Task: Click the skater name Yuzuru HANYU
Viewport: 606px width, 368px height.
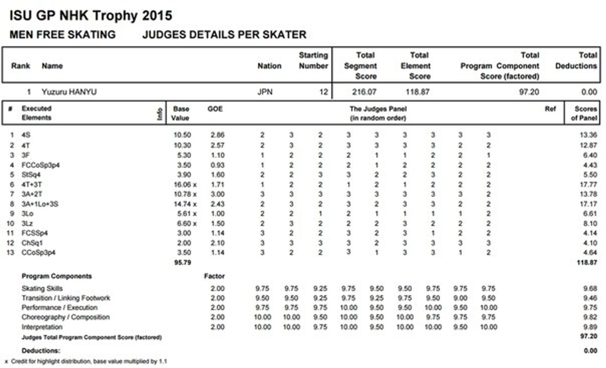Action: (x=69, y=92)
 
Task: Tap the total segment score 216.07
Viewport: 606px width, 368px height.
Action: (x=364, y=92)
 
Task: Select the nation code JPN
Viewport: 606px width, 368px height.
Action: (x=265, y=92)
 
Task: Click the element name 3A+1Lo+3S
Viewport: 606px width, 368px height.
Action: (x=40, y=204)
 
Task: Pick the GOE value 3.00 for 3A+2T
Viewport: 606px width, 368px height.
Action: (x=217, y=194)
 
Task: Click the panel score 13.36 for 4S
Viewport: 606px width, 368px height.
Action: (x=588, y=135)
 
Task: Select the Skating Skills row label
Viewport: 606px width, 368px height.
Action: (x=42, y=288)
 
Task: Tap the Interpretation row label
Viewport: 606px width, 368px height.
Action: (x=42, y=327)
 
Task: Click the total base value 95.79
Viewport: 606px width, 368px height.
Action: (x=183, y=262)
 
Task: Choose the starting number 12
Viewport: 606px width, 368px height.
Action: (x=323, y=92)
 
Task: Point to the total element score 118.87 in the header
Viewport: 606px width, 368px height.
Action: (x=417, y=92)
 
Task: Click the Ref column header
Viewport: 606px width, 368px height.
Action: (x=550, y=109)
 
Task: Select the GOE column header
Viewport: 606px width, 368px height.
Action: (x=215, y=109)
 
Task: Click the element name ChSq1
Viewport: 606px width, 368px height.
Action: (x=32, y=243)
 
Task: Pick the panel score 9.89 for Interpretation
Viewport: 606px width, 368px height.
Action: (x=590, y=327)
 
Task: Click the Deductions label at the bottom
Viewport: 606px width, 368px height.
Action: (x=41, y=351)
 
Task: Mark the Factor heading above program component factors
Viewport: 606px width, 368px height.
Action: (x=214, y=276)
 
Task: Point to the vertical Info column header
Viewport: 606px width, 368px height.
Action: (x=160, y=113)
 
